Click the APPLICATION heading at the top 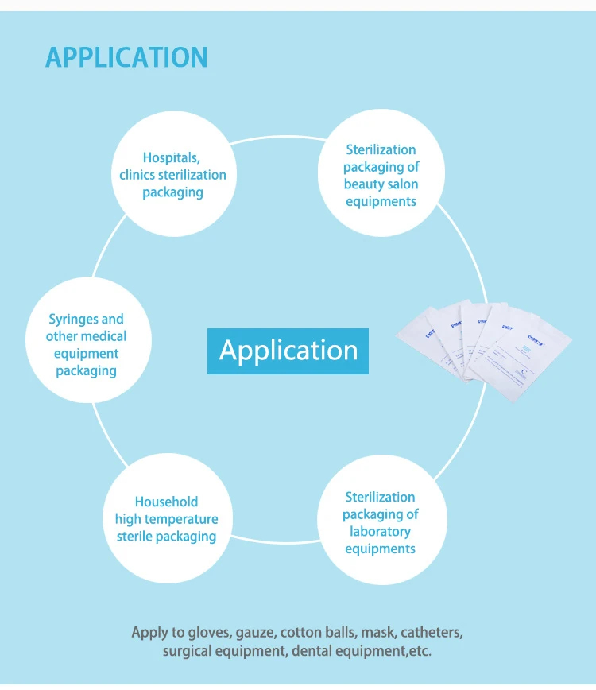coord(126,58)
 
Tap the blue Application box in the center coord(288,351)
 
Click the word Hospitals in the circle coord(170,157)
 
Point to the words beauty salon coord(381,184)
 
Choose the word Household coord(166,502)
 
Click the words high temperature coord(166,519)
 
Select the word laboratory coord(381,531)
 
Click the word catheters coord(431,633)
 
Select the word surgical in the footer coord(188,651)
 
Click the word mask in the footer coord(377,633)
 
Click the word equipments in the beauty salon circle coord(381,202)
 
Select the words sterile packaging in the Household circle coord(166,537)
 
